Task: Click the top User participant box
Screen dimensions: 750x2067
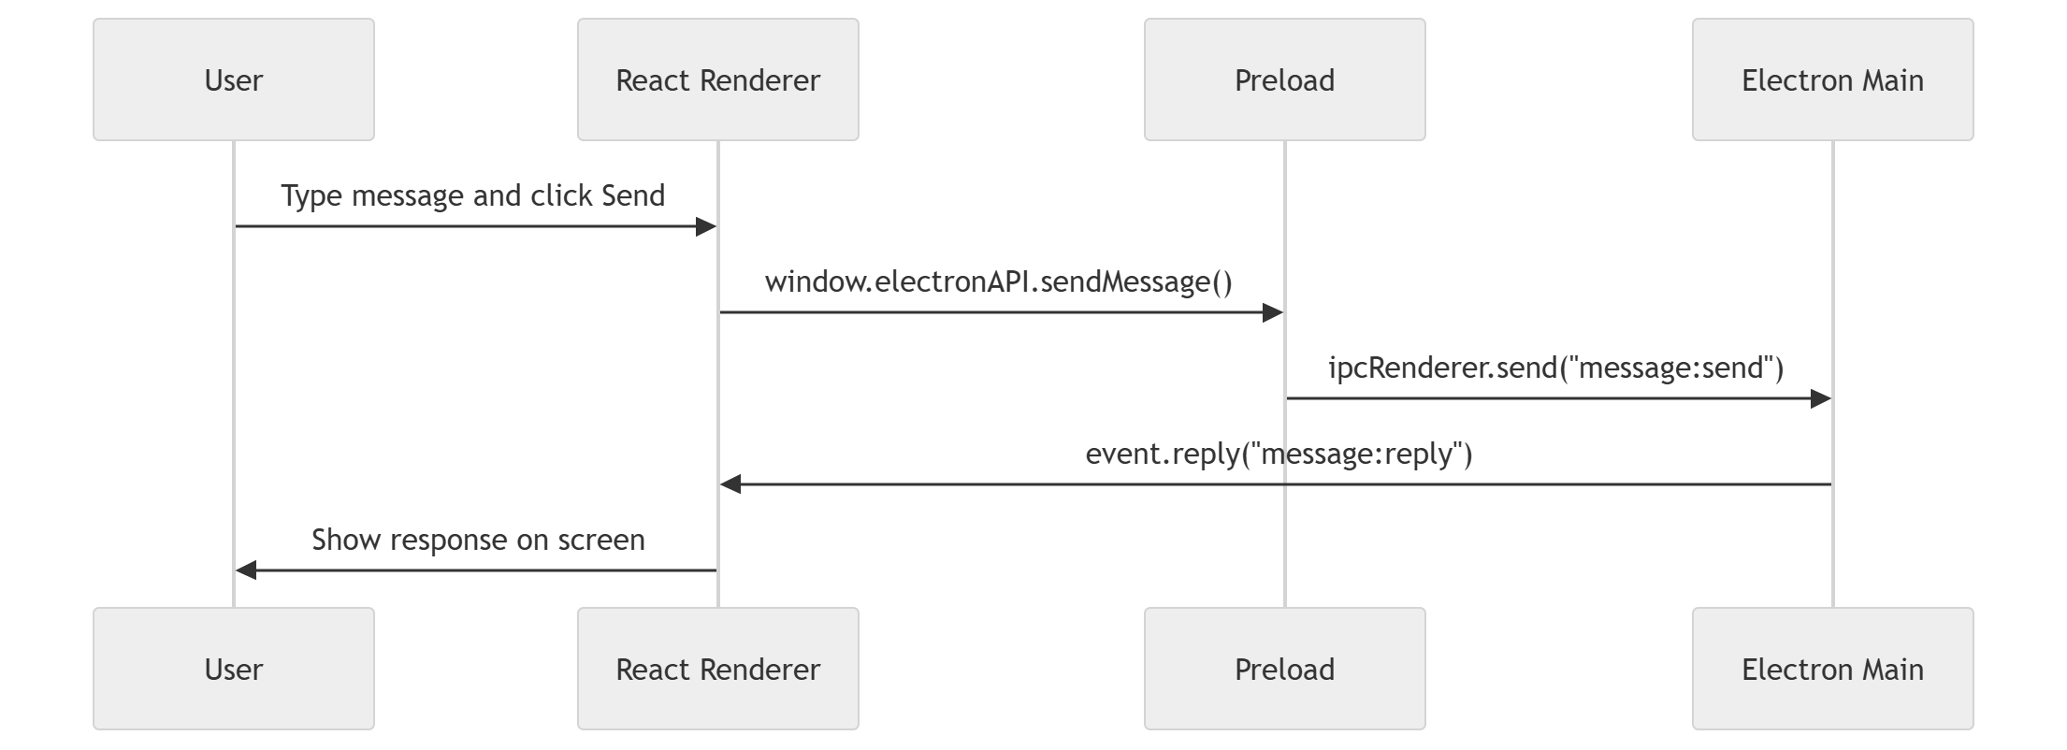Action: pyautogui.click(x=234, y=79)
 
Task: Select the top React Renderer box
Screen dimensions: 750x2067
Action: pyautogui.click(x=717, y=79)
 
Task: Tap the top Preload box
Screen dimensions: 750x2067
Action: pyautogui.click(x=1284, y=79)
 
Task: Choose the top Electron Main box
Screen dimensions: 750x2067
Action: pyautogui.click(x=1832, y=79)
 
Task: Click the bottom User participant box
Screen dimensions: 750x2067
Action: pyautogui.click(x=234, y=669)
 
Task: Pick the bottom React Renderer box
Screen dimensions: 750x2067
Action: pyautogui.click(x=717, y=669)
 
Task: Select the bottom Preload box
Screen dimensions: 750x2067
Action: pyautogui.click(x=1284, y=669)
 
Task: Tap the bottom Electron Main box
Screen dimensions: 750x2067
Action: pyautogui.click(x=1832, y=669)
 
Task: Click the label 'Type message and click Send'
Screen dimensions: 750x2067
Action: pyautogui.click(x=472, y=195)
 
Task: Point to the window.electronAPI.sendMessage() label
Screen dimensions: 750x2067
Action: pyautogui.click(x=998, y=281)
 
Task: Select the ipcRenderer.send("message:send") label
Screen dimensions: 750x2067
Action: pyautogui.click(x=1555, y=368)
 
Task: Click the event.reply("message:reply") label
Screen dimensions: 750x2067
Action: pyautogui.click(x=1278, y=454)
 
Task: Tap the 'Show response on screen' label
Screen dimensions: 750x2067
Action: pyautogui.click(x=477, y=540)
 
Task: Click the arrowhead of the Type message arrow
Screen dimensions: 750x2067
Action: pyautogui.click(x=706, y=226)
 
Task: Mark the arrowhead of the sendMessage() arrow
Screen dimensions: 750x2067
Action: pyautogui.click(x=1273, y=312)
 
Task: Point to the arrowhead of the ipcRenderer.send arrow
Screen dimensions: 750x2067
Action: pyautogui.click(x=1821, y=399)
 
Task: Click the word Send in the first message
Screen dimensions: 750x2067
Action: pyautogui.click(x=632, y=195)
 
